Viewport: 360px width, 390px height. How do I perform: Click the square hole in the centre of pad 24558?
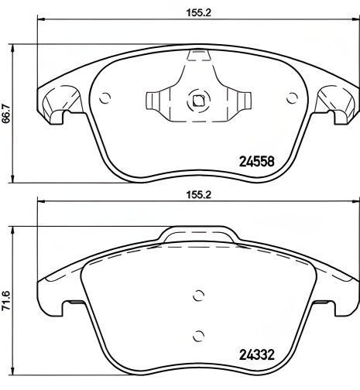198,100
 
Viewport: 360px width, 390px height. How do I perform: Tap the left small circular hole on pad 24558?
106,97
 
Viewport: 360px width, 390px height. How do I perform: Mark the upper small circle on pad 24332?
198,295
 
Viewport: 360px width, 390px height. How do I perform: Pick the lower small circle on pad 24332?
198,334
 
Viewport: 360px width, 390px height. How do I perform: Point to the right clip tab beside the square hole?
240,101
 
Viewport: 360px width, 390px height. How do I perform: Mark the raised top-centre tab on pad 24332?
198,235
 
